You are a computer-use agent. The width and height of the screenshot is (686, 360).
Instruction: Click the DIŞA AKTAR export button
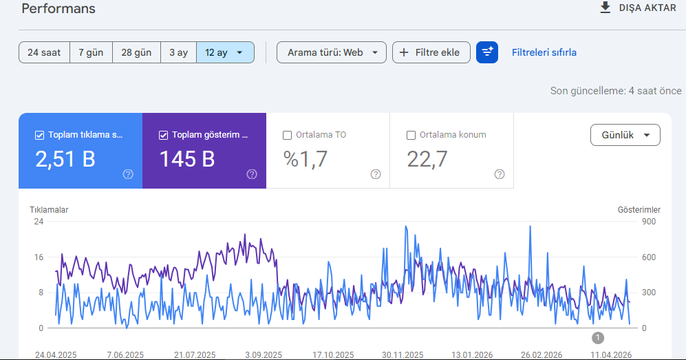point(638,8)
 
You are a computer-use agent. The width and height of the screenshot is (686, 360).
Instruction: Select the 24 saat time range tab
point(44,52)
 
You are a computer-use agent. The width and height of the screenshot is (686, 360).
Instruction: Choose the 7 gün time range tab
point(91,52)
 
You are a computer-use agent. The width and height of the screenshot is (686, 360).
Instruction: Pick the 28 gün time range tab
point(136,52)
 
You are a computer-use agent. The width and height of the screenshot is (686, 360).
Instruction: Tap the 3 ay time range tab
point(178,52)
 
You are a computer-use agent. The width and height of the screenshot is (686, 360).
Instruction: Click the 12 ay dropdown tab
point(225,52)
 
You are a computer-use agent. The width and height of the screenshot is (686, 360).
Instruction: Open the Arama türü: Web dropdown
point(332,52)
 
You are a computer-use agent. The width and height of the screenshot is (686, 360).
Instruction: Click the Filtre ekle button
point(431,52)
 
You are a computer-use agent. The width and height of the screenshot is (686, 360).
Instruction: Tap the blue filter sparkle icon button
point(487,52)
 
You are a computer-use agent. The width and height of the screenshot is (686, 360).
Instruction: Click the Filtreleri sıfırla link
point(544,52)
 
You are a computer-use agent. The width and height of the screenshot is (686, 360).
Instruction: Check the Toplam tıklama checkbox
point(39,135)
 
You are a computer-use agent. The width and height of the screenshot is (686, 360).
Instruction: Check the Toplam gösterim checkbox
point(163,135)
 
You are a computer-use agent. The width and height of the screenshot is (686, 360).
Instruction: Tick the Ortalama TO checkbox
point(287,135)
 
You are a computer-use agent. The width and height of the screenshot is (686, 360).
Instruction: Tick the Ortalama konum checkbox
point(411,135)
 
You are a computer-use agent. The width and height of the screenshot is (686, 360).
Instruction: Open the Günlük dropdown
point(625,135)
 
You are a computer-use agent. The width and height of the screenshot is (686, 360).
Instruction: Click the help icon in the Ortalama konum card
point(499,174)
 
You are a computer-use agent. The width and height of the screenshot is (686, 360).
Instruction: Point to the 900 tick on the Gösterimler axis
point(649,222)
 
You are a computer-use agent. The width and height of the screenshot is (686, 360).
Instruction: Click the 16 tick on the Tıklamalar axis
point(39,257)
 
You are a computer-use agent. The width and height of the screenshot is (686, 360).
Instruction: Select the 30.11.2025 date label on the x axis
point(403,354)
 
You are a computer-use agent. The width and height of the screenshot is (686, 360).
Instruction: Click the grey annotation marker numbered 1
point(598,338)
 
